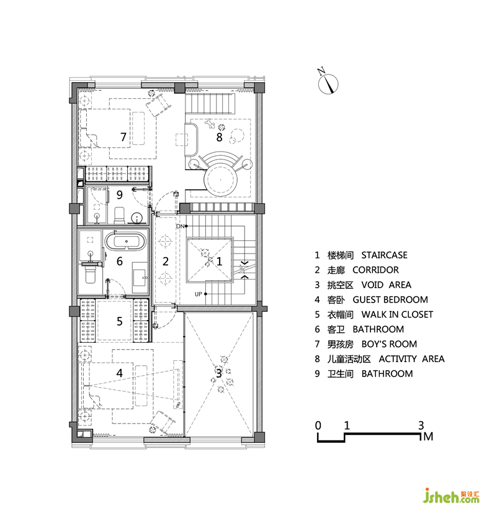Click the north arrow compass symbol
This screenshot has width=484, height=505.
(328, 84)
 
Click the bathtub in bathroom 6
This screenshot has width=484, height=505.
(125, 241)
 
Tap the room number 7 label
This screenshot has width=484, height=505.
(123, 137)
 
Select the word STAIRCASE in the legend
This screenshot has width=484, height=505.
(384, 255)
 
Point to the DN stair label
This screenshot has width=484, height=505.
(180, 227)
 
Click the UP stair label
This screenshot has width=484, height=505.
(198, 294)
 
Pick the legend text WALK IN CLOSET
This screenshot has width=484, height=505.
(397, 314)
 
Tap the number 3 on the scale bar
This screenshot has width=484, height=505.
(421, 425)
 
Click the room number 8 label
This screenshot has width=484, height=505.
(219, 137)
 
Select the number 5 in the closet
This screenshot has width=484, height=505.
(120, 321)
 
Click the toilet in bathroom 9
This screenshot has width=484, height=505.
(119, 215)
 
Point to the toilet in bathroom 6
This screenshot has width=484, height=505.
(91, 274)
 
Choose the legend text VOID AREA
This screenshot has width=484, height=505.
(386, 284)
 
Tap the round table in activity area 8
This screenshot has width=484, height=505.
(220, 179)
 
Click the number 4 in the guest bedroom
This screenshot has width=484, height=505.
(120, 373)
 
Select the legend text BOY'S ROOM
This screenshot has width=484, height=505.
(389, 344)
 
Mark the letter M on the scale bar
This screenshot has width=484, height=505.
(428, 437)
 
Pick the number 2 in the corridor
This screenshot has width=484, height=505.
(166, 261)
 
